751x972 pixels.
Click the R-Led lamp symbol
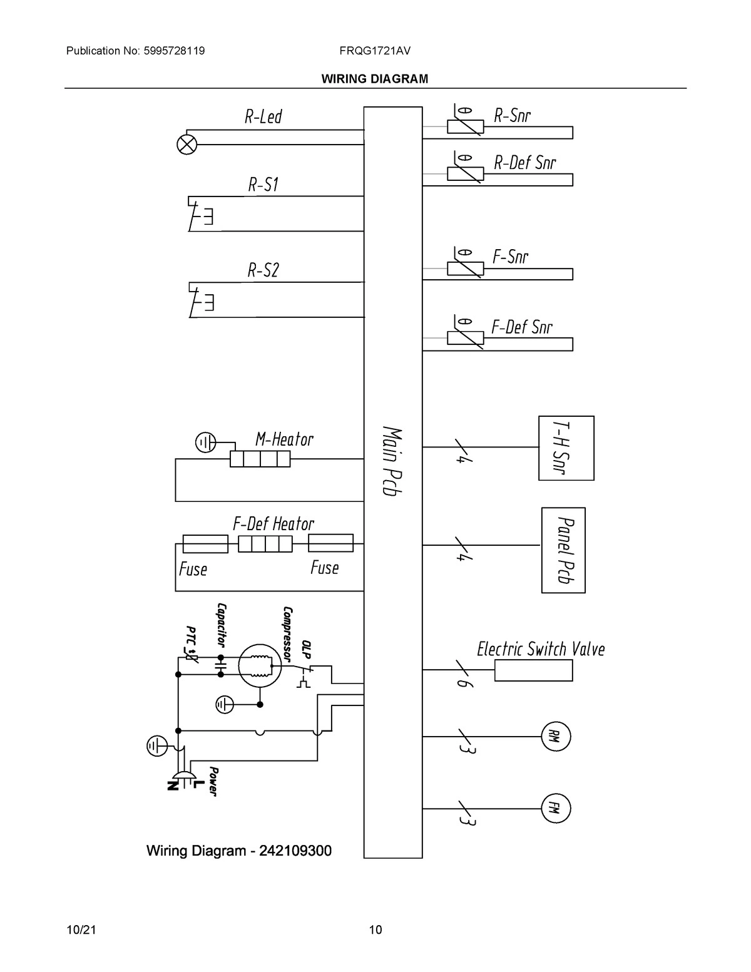[186, 145]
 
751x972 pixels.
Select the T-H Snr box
[566, 448]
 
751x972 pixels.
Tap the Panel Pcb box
[563, 550]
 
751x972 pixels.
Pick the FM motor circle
[556, 808]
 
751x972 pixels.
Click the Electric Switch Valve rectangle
[533, 670]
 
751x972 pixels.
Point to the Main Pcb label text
[392, 461]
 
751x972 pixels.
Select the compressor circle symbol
[260, 666]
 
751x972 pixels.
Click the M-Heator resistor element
[260, 459]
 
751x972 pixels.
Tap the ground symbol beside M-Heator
[205, 443]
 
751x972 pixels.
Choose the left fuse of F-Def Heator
[205, 543]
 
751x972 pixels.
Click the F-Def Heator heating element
[265, 543]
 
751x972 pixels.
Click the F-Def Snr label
[522, 327]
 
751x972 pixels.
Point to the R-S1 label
[263, 185]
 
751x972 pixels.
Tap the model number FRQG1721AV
[375, 51]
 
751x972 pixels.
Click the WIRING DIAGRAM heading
[374, 79]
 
